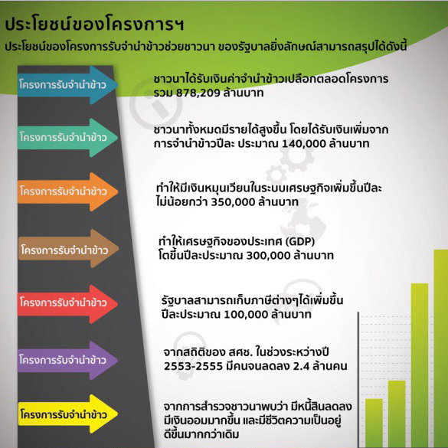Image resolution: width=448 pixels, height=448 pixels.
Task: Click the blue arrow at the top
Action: [67, 85]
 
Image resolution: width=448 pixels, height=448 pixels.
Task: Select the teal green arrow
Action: [67, 138]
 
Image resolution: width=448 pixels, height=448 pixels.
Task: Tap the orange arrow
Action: [67, 191]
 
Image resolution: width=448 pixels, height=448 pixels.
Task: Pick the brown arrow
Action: [68, 249]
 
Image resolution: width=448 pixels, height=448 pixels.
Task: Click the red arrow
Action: [67, 304]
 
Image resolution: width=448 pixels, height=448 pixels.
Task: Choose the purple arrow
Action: [67, 360]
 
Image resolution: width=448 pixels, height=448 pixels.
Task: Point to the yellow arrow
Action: [67, 414]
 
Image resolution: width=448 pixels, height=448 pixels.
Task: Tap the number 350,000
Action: [233, 202]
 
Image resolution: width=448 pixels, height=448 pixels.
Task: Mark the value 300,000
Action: [268, 256]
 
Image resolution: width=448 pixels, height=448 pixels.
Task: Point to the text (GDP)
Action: [300, 242]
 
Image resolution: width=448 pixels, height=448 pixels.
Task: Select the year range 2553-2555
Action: [193, 366]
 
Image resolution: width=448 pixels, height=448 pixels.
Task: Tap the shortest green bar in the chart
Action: [374, 423]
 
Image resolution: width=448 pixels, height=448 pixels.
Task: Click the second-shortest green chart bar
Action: [397, 414]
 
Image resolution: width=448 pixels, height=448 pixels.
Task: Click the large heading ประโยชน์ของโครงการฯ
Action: [94, 25]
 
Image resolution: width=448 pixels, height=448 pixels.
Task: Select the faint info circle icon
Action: [156, 103]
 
